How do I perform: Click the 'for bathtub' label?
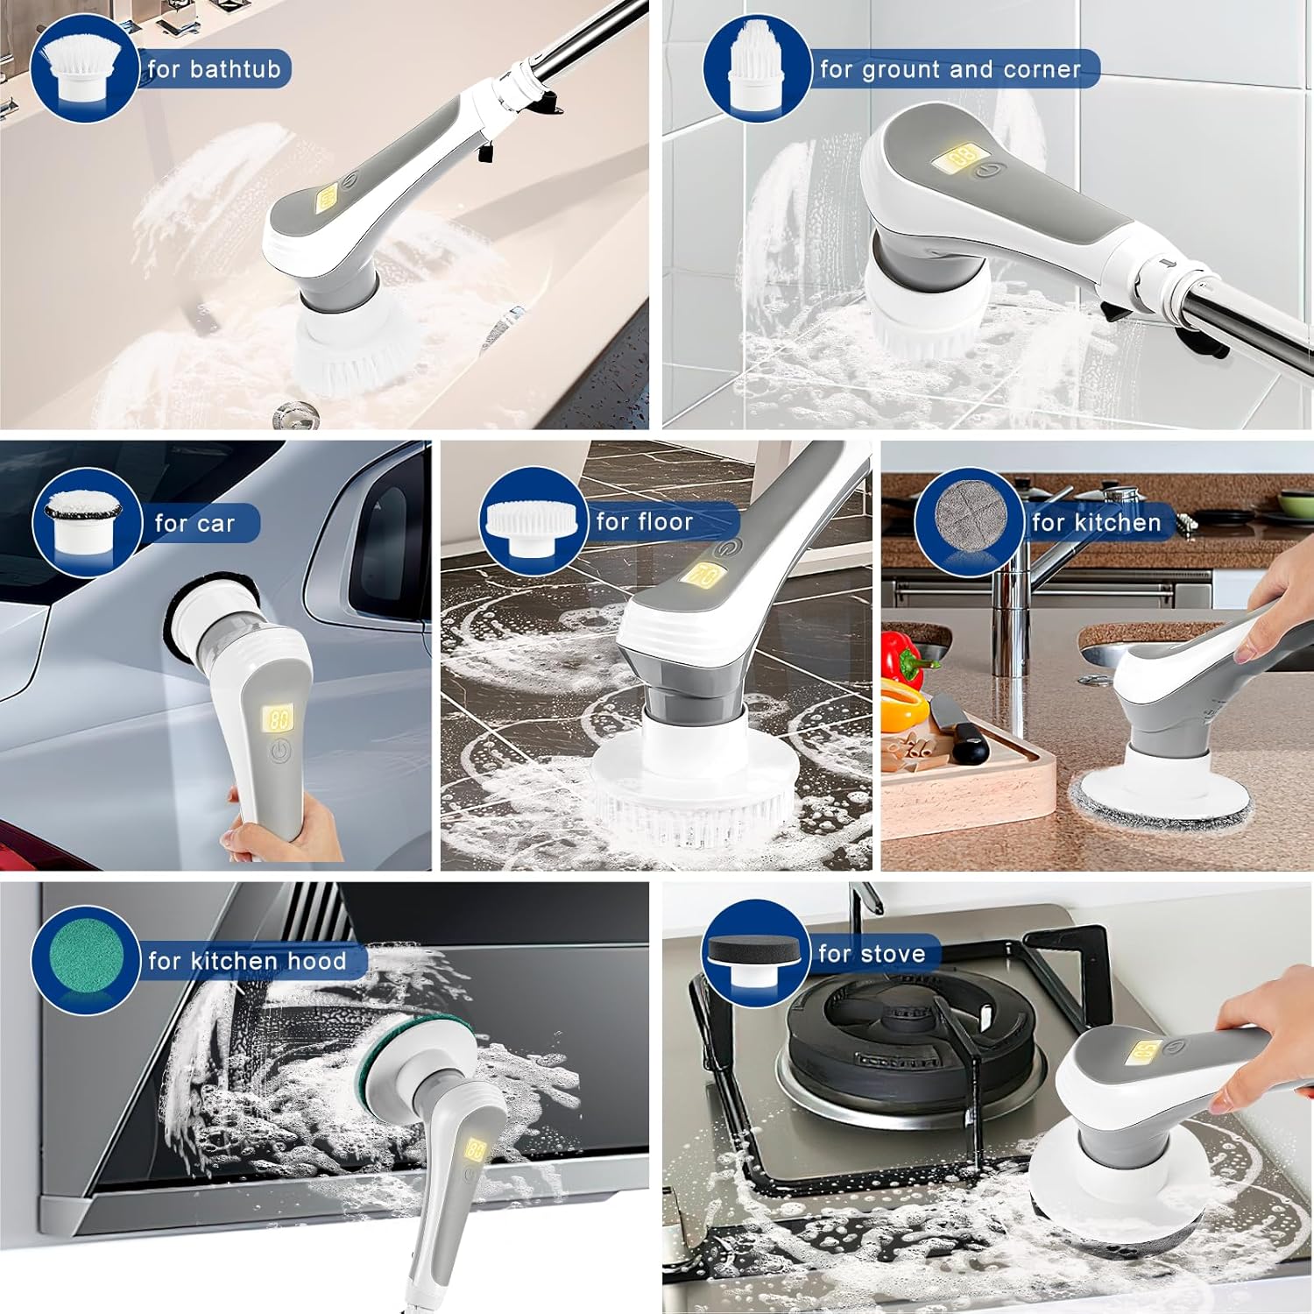214,69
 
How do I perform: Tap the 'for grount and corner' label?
950,69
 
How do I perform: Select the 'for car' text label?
194,524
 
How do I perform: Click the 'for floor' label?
645,522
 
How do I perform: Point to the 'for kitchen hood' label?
247,961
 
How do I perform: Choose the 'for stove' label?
872,954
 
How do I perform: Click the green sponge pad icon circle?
85,960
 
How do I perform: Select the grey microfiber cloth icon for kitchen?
968,521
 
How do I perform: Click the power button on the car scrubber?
279,751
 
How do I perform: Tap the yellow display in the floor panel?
701,575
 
